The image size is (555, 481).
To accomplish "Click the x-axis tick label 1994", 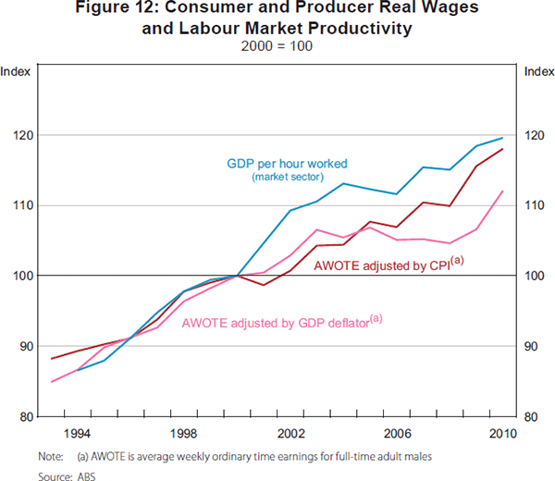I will (77, 433).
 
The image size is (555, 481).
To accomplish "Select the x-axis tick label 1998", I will (183, 433).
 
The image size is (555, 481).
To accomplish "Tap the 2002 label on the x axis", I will (290, 433).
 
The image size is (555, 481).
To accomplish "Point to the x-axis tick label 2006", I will (397, 433).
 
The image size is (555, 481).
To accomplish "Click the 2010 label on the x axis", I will (503, 433).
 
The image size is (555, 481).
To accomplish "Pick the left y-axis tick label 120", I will (26, 135).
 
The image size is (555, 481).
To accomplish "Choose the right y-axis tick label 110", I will (535, 205).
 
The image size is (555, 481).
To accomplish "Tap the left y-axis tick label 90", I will (29, 346).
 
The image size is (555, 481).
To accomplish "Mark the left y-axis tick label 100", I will (26, 276).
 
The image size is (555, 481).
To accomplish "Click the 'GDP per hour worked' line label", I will (287, 164).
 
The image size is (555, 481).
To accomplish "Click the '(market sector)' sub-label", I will (288, 177).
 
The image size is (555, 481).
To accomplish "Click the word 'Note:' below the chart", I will (51, 455).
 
